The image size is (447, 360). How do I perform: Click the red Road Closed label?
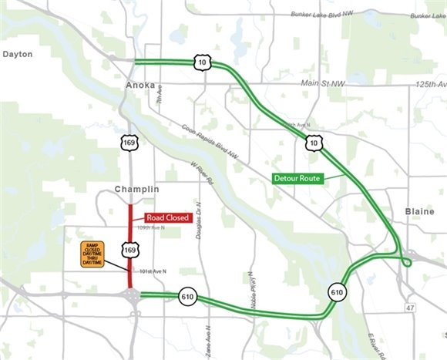(x=167, y=217)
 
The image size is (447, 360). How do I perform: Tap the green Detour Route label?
(x=297, y=178)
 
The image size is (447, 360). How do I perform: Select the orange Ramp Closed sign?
(x=92, y=255)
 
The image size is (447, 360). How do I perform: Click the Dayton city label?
(x=18, y=54)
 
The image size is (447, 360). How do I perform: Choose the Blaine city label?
(x=421, y=210)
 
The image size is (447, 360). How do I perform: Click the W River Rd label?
(x=201, y=173)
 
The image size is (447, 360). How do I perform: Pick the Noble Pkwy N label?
(x=251, y=284)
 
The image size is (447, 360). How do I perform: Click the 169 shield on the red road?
(x=130, y=250)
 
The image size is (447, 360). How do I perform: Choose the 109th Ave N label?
(x=152, y=228)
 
